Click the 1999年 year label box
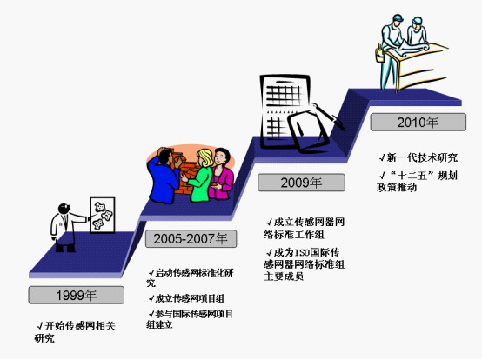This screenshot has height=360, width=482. (77, 295)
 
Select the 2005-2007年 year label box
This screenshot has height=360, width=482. (191, 238)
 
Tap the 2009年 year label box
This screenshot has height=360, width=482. (301, 183)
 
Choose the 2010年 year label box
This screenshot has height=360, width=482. (418, 123)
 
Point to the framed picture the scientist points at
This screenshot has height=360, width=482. (103, 215)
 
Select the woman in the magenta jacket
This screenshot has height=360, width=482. (221, 174)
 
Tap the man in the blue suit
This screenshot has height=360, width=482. (163, 177)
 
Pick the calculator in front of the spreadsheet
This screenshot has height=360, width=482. (307, 132)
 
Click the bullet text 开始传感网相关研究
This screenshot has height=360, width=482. (76, 332)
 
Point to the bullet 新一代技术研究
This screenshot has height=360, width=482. (418, 157)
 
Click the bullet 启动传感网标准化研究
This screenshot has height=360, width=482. (190, 277)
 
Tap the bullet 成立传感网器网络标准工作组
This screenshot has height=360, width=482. (305, 228)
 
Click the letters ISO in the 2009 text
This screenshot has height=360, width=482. (302, 253)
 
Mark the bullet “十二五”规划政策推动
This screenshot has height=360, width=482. (418, 181)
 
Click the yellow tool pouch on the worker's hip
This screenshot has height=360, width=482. (380, 55)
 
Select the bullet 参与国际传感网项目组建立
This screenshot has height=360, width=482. (190, 319)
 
